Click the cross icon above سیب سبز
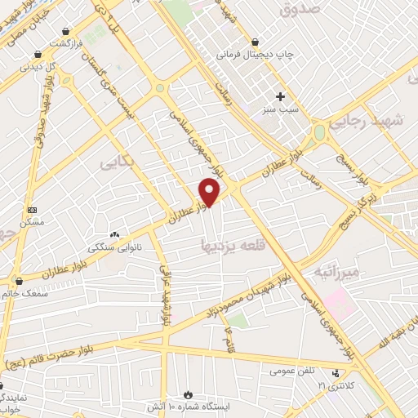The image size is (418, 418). pyautogui.click(x=280, y=96)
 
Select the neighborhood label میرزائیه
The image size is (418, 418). pyautogui.click(x=336, y=271)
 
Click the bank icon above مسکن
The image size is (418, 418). pyautogui.click(x=32, y=210)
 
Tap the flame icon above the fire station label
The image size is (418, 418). pyautogui.click(x=191, y=394)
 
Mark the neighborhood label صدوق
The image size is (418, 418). pyautogui.click(x=296, y=10)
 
